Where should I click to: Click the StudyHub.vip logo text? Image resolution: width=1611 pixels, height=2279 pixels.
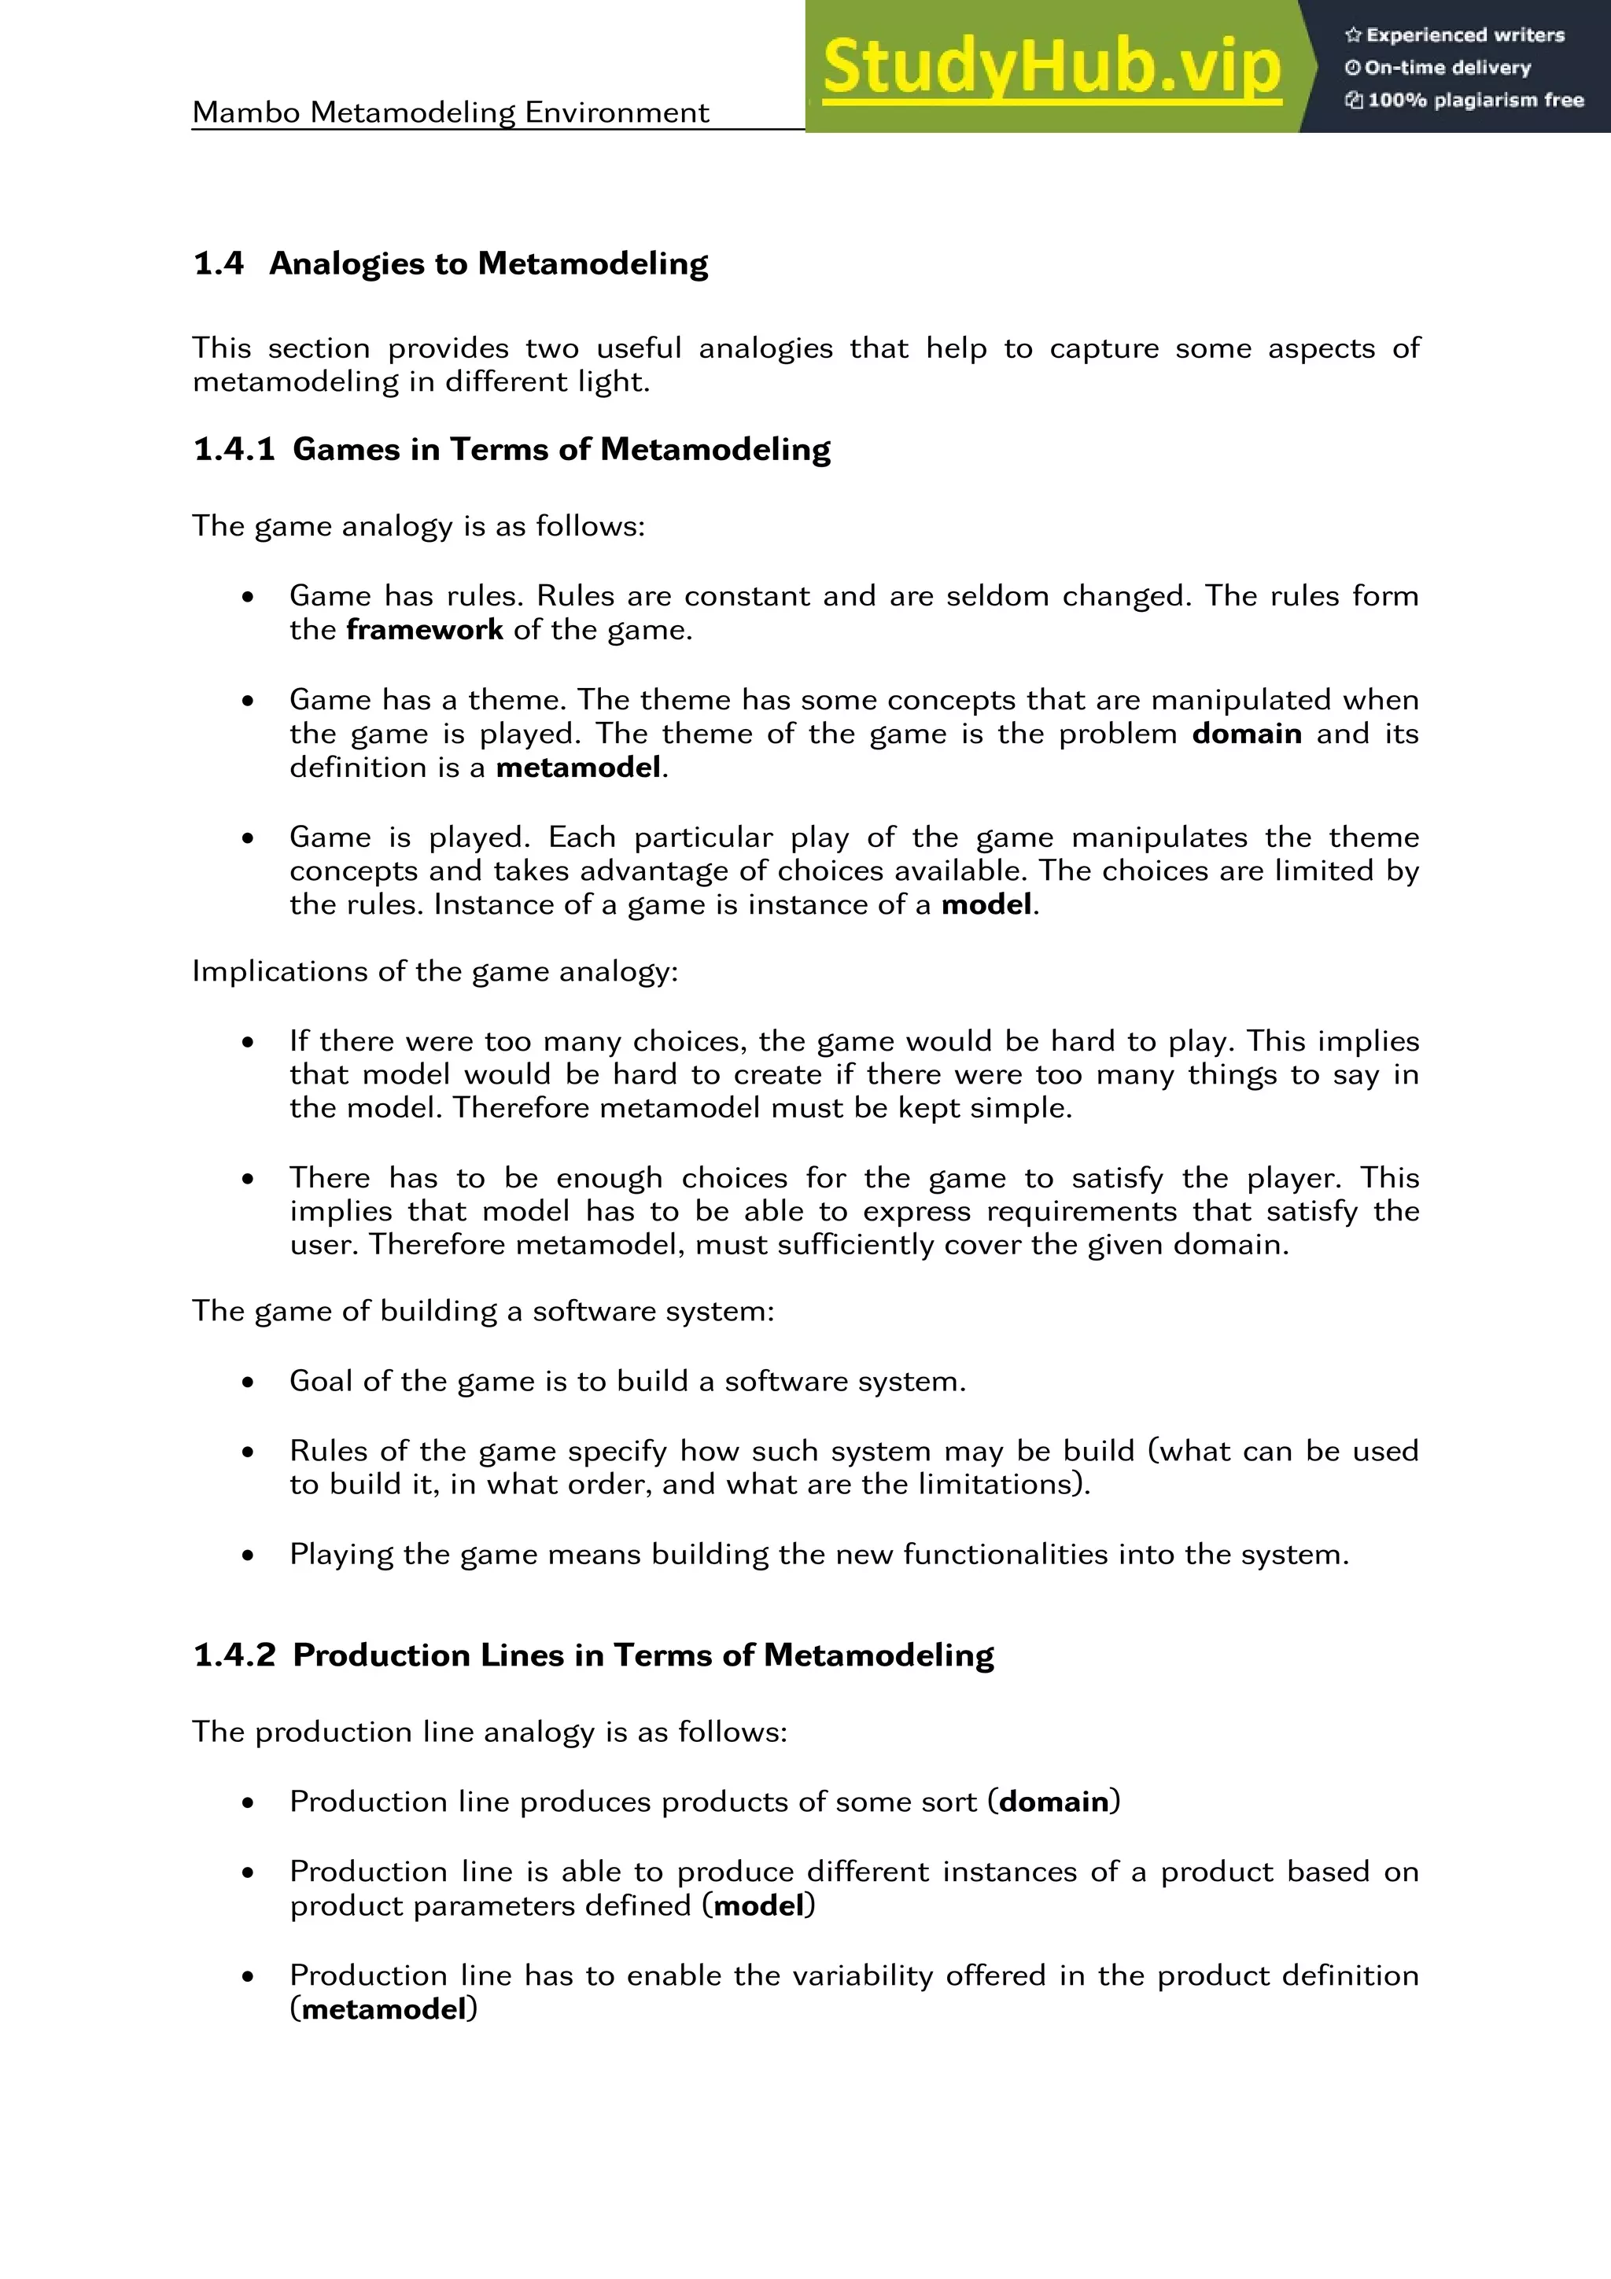tap(1051, 68)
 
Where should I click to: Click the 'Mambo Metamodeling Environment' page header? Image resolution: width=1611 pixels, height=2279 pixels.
tap(451, 112)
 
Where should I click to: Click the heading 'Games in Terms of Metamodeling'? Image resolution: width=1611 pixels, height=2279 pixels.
tap(562, 450)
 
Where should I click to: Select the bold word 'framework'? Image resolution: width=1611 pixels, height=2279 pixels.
tap(424, 630)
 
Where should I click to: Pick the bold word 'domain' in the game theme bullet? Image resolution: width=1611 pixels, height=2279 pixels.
tap(1247, 734)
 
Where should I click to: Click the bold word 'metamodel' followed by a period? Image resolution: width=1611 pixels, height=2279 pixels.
tap(579, 768)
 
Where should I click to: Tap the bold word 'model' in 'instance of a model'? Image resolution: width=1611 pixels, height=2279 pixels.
tap(986, 904)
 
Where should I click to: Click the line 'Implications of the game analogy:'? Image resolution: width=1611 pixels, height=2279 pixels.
tap(435, 970)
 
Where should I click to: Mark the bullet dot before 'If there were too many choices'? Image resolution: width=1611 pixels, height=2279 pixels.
tap(248, 1042)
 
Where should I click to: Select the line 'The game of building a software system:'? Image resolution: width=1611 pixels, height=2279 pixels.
tap(482, 1311)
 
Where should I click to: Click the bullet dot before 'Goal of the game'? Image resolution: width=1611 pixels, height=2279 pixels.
tap(248, 1382)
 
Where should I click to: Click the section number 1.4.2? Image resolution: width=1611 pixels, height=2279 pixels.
tap(234, 1655)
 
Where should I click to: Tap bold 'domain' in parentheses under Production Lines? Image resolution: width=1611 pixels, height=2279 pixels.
tap(1053, 1802)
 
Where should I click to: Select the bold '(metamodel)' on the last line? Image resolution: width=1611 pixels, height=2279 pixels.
tap(383, 2009)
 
